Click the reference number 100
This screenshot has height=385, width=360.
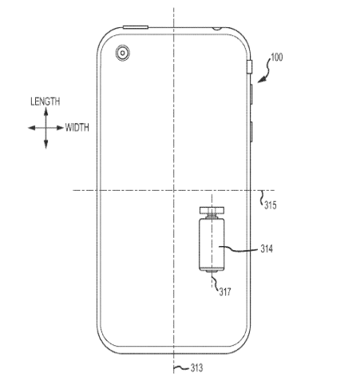tap(277, 58)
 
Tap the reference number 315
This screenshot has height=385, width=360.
tap(271, 205)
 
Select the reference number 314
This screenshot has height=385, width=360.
tap(267, 248)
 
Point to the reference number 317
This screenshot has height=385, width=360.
tap(225, 292)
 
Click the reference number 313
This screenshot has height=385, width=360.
tap(196, 368)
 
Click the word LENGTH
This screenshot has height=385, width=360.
tap(45, 101)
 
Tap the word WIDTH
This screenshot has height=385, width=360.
tap(77, 128)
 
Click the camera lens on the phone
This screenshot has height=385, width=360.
tap(123, 53)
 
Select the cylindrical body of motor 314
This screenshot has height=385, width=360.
tap(212, 244)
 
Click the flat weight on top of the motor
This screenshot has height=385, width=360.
tap(212, 210)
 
